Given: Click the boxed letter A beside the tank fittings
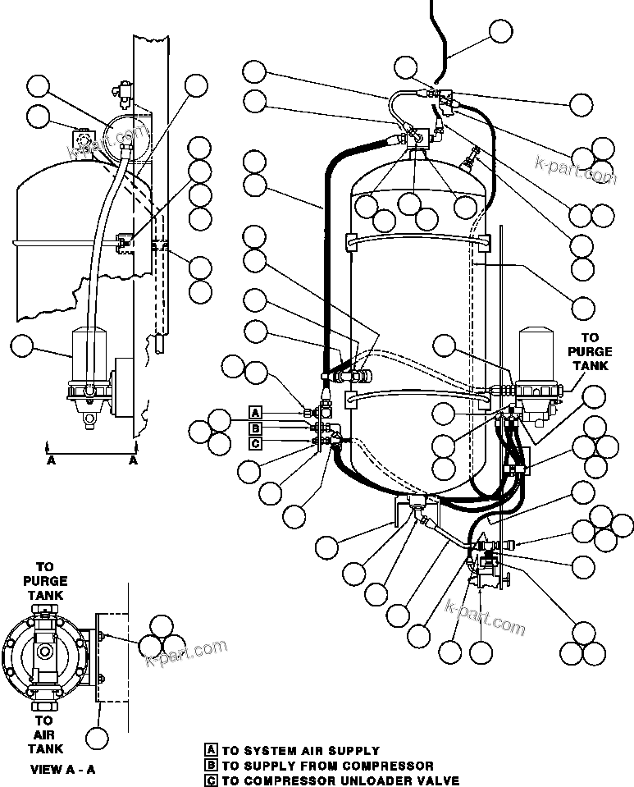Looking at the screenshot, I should [x=256, y=412].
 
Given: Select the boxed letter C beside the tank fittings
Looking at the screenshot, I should [x=256, y=444].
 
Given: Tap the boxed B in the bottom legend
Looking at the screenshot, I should [x=212, y=766].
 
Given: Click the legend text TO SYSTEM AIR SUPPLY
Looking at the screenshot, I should [x=301, y=750].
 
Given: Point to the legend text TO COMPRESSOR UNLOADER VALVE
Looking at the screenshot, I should [x=340, y=780].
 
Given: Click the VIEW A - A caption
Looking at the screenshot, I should [x=62, y=770].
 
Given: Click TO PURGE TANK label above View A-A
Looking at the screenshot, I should [x=45, y=580].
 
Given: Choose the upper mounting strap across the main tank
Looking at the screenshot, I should [x=414, y=239].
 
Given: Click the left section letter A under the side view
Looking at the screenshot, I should [x=52, y=461].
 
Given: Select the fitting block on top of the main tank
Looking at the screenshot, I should [x=417, y=135].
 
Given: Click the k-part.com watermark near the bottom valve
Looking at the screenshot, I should [x=485, y=616].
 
